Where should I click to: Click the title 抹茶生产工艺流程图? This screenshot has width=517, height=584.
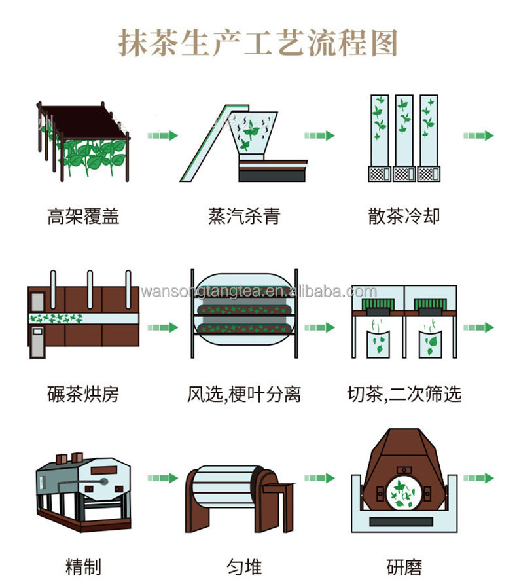tap(258, 43)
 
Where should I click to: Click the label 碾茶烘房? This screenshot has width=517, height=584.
tap(83, 394)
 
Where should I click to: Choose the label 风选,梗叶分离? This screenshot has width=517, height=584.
tap(243, 394)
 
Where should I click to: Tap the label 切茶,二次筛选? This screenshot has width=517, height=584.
tap(404, 394)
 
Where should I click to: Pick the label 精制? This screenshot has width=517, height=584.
tap(83, 565)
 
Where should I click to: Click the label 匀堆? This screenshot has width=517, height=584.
tap(243, 565)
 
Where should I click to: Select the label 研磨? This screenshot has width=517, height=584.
tap(404, 565)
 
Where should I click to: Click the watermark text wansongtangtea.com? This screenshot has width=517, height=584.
tap(258, 291)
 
